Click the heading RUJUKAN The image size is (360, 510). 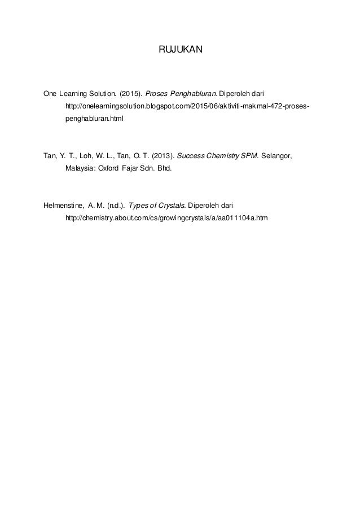pyautogui.click(x=179, y=50)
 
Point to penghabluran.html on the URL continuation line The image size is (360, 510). pyautogui.click(x=93, y=120)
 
